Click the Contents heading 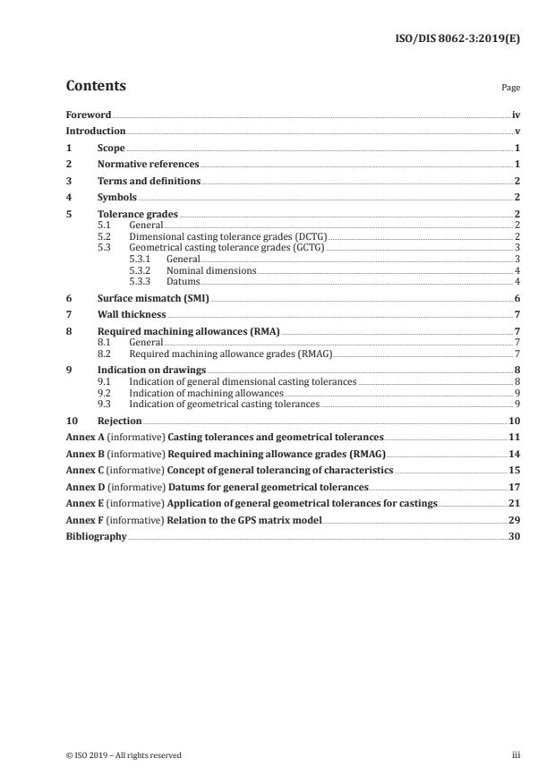(96, 86)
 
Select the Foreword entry (89, 115)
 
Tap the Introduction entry (96, 131)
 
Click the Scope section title (111, 147)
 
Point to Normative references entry (148, 165)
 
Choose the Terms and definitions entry (149, 181)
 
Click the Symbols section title (116, 197)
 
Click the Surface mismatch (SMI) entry (152, 297)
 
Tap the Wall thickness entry (132, 313)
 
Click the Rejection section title (119, 420)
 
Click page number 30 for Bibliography (515, 537)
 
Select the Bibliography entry (97, 537)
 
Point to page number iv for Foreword (516, 115)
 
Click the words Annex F (84, 520)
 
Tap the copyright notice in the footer (124, 755)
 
